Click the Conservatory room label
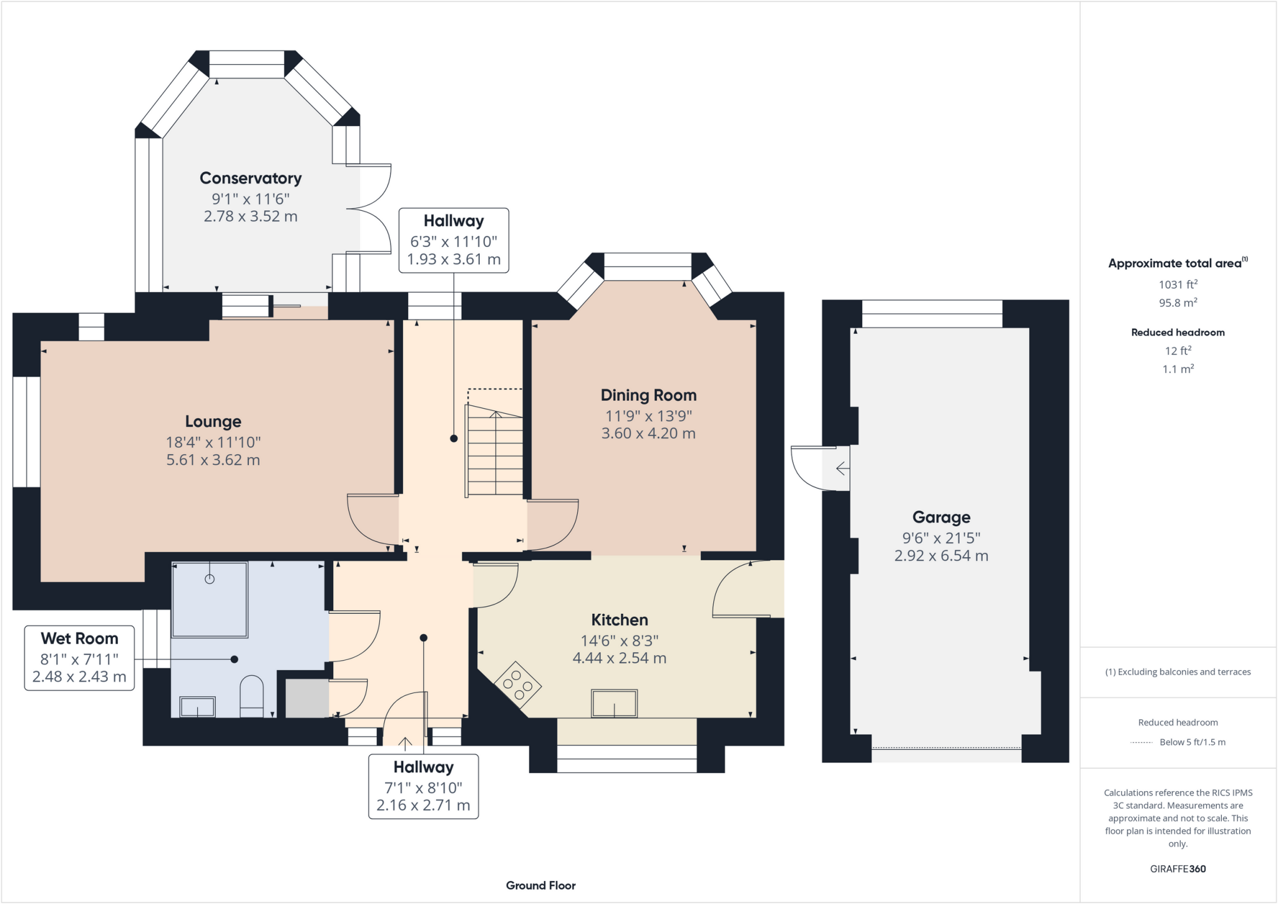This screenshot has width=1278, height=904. click(250, 178)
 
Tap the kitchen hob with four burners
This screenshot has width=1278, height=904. click(518, 684)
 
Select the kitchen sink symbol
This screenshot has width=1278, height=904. click(615, 703)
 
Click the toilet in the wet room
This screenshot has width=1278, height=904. click(251, 696)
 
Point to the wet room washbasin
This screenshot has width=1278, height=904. click(197, 707)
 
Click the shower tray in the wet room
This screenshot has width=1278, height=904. click(210, 599)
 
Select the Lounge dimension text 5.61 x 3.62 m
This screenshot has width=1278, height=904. click(213, 460)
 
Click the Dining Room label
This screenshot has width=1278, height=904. click(648, 395)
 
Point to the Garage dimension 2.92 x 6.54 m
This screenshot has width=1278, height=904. click(941, 556)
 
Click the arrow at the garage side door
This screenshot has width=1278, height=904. click(842, 468)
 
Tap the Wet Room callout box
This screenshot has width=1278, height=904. click(79, 658)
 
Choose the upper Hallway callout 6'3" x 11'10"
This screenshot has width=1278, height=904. click(454, 240)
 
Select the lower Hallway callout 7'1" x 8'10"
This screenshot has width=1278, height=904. click(423, 786)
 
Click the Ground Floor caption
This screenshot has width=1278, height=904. click(540, 885)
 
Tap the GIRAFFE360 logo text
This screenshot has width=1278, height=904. click(1178, 868)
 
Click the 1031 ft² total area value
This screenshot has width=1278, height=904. click(1178, 284)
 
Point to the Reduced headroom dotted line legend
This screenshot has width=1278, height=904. click(1141, 742)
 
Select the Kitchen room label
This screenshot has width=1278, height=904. click(620, 620)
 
